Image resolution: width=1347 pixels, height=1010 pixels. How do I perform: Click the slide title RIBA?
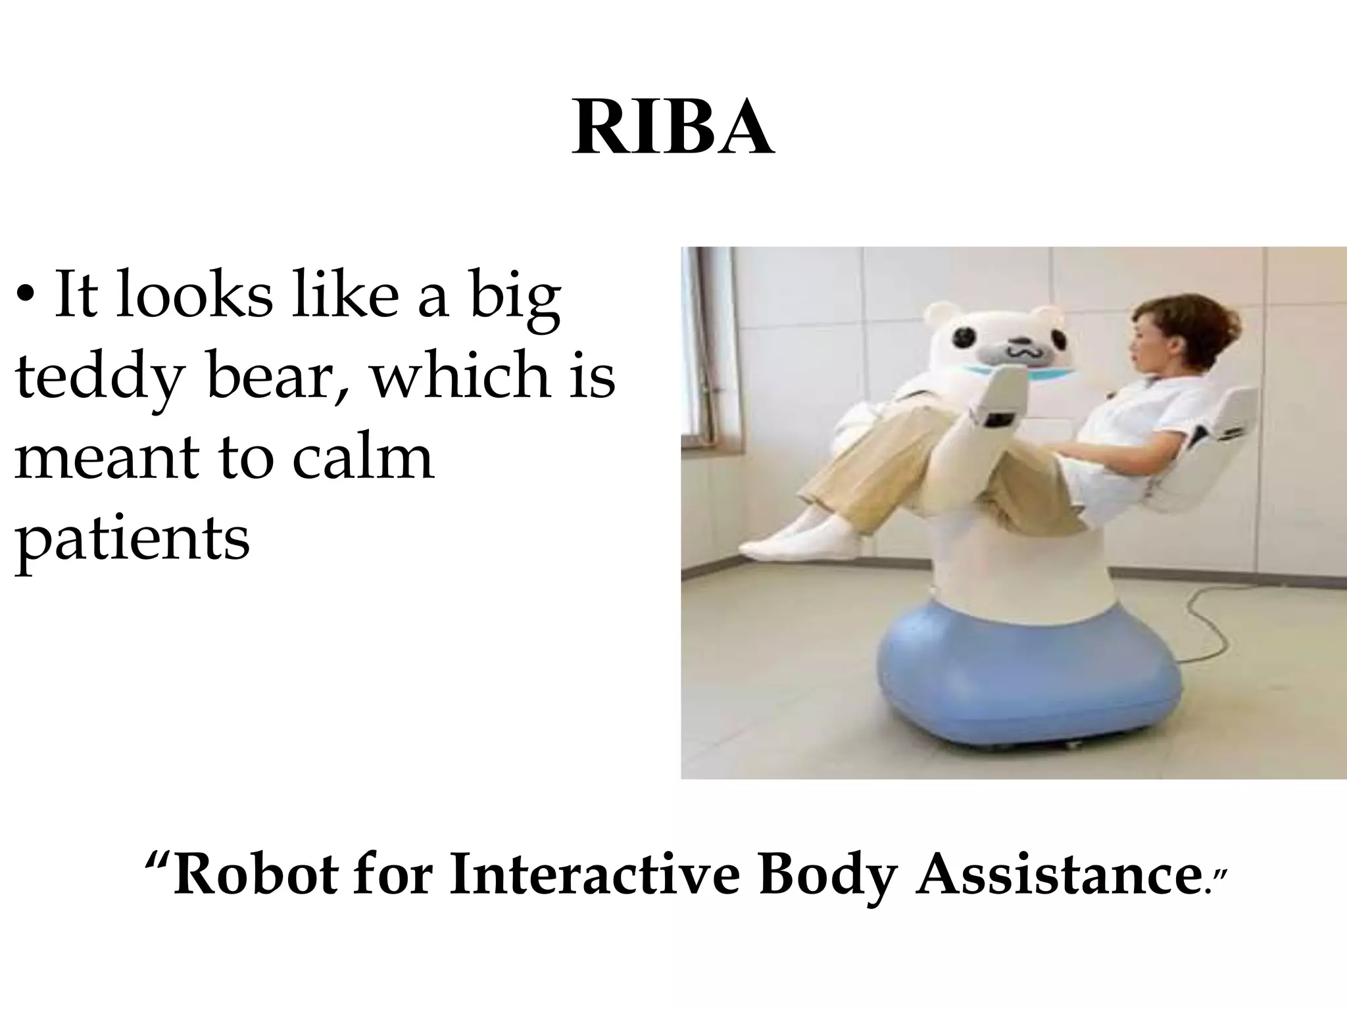point(673,129)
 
